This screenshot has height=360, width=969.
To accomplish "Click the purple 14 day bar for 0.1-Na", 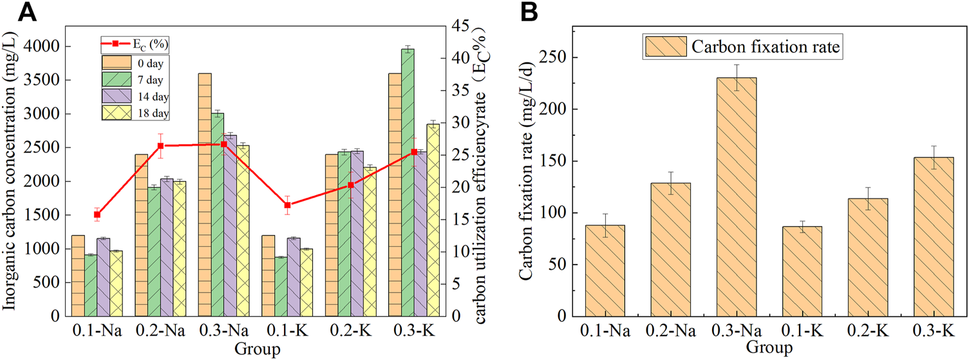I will point(103,277).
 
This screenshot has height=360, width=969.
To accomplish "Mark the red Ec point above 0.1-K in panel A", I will point(287,205).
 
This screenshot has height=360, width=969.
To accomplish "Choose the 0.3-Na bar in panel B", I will point(738,196).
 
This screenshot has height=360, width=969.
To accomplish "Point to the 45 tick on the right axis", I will point(460,26).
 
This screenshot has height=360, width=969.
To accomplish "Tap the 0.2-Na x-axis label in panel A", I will point(160,332).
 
